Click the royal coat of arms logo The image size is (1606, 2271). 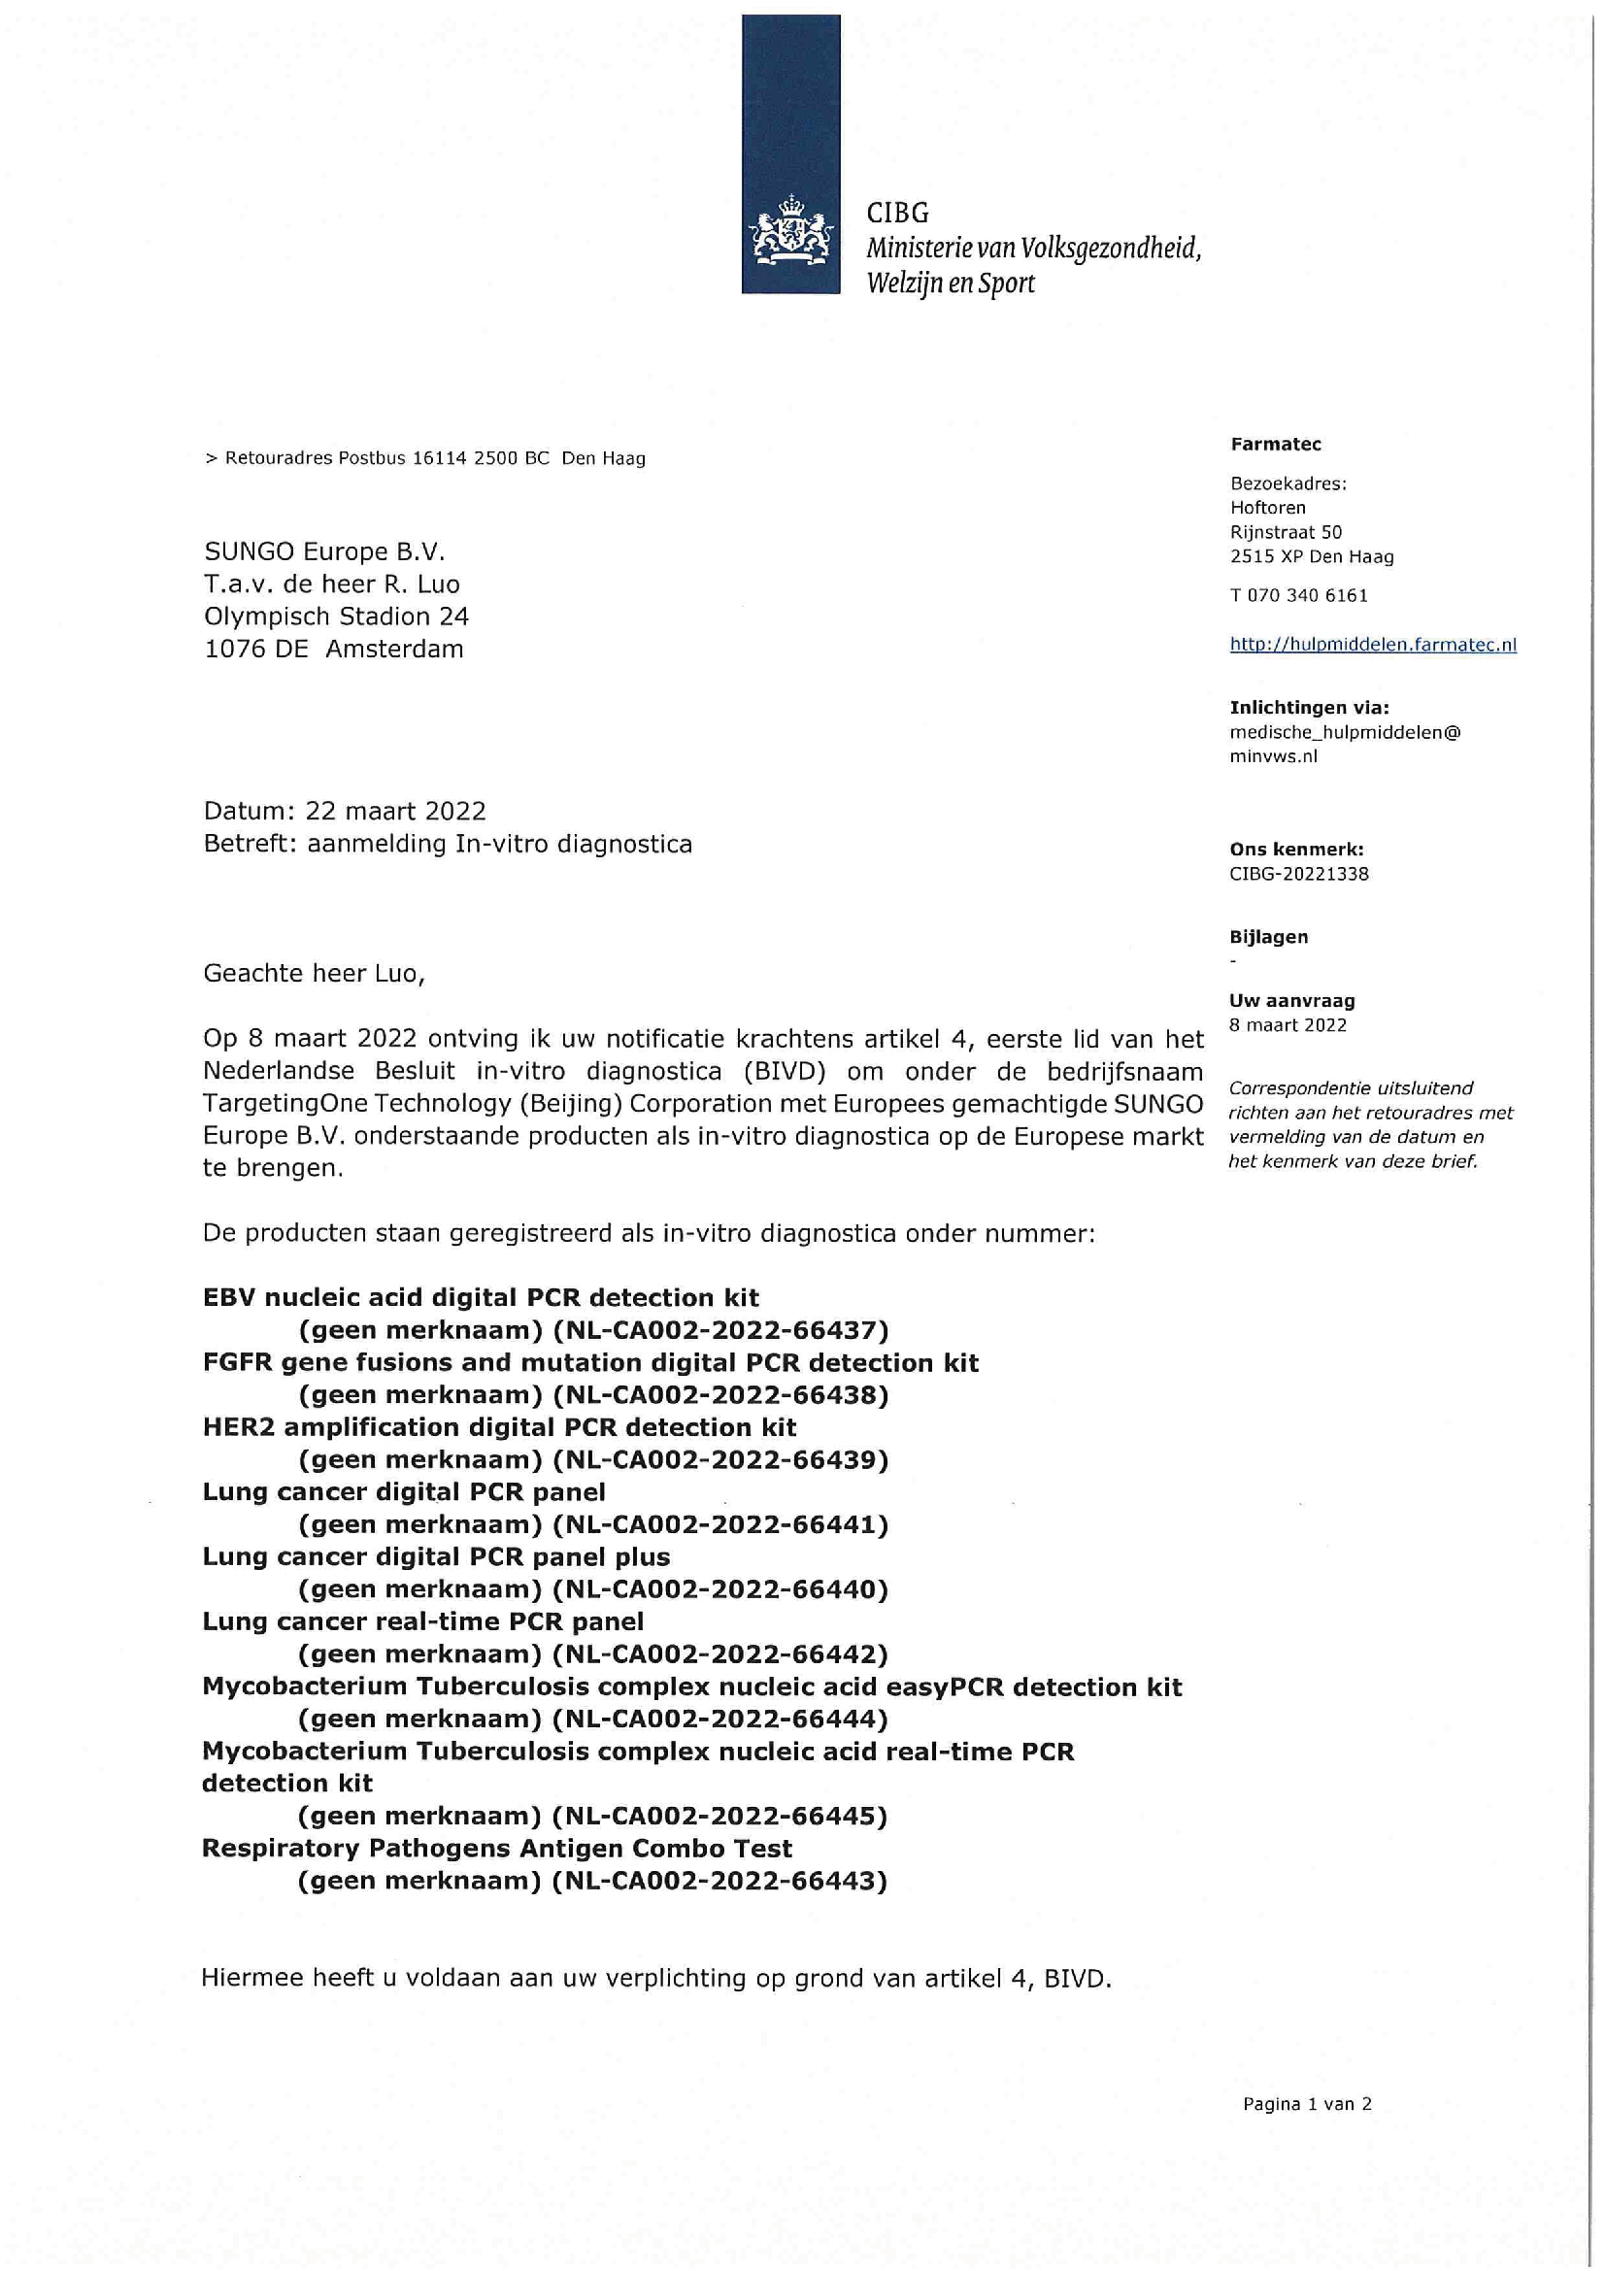click(790, 233)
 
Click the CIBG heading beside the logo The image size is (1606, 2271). click(897, 213)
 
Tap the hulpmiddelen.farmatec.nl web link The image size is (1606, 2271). click(1373, 645)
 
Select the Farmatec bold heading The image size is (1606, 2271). click(1275, 444)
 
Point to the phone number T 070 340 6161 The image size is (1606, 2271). click(1298, 595)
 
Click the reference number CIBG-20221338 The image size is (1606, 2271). click(1298, 874)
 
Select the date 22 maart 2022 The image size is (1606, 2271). click(395, 811)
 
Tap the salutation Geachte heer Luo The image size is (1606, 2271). click(314, 973)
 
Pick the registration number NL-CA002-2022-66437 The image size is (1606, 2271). click(719, 1330)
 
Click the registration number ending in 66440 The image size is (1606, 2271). click(719, 1589)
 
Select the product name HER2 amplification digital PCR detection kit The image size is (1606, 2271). click(499, 1427)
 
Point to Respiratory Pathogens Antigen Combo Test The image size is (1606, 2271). click(496, 1849)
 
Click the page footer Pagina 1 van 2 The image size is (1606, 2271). click(1306, 2104)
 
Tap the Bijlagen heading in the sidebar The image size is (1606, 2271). click(1268, 937)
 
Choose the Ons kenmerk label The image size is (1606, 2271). click(1295, 849)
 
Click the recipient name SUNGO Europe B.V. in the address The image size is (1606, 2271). click(324, 551)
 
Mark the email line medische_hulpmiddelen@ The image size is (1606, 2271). click(1344, 732)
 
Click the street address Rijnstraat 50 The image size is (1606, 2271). click(1286, 532)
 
